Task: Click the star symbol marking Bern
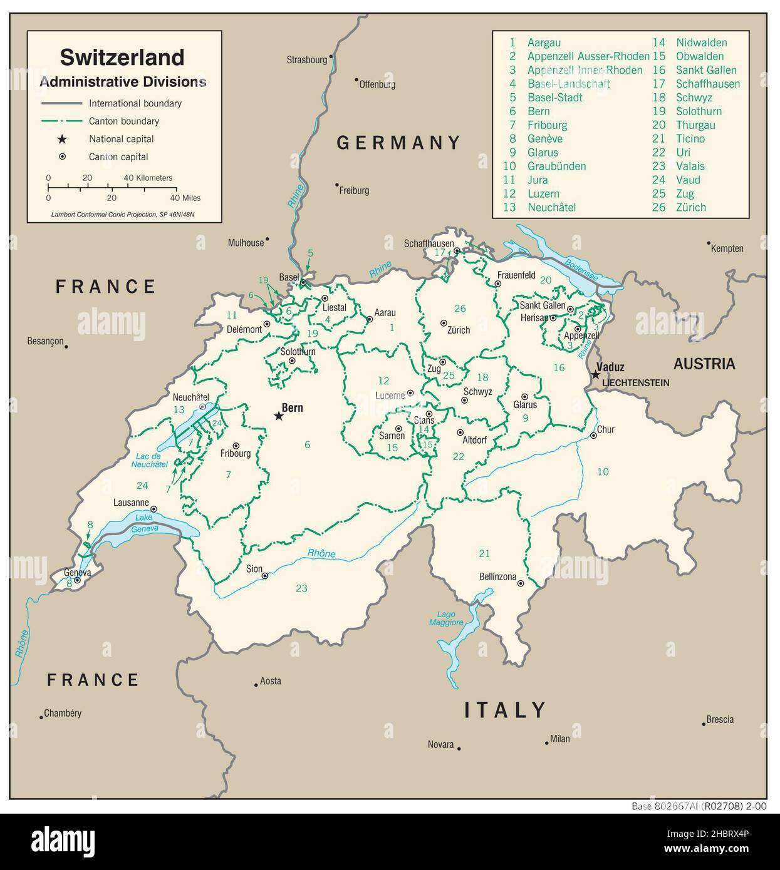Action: point(279,416)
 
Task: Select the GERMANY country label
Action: point(398,143)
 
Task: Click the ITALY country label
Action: point(505,710)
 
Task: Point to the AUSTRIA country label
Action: point(704,364)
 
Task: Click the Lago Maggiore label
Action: point(446,618)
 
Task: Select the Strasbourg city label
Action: point(306,60)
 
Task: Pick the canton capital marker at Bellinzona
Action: point(521,583)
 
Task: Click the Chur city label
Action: point(606,429)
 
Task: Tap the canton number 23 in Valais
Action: point(301,588)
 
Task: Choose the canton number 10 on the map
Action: point(603,471)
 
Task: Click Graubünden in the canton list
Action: point(556,166)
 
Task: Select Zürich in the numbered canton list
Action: point(690,207)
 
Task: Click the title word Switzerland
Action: point(122,57)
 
